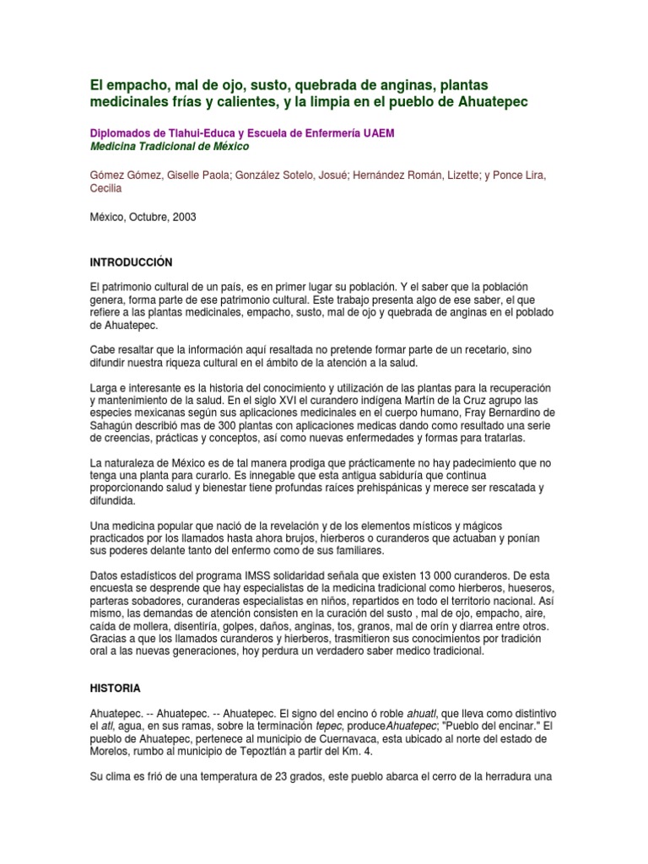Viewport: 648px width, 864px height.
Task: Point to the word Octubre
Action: (x=149, y=216)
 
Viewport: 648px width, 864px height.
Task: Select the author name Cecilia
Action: (x=105, y=189)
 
